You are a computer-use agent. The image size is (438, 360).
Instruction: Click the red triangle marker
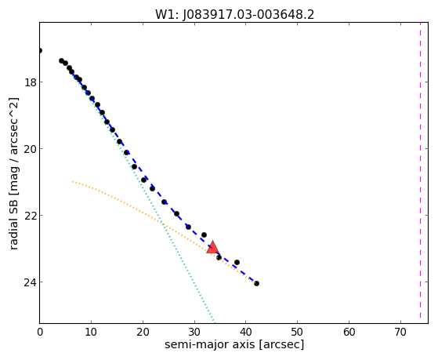[212, 247]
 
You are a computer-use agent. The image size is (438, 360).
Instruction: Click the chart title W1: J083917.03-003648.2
[234, 15]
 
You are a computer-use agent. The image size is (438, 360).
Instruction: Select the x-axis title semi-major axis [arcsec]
[234, 344]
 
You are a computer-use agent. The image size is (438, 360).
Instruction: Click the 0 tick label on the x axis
[40, 332]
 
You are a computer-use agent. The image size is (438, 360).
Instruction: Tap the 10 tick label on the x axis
[91, 332]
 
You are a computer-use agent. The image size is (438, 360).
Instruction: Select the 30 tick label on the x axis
[194, 332]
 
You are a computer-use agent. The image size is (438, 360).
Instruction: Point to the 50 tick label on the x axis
[297, 332]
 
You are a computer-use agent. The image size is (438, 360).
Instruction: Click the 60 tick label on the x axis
[349, 332]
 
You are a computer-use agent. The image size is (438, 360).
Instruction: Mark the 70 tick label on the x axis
[400, 332]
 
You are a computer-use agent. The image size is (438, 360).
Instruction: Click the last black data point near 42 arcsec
[256, 283]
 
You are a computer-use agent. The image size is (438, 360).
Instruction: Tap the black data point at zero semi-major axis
[40, 51]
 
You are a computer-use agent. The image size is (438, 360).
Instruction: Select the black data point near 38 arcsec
[237, 262]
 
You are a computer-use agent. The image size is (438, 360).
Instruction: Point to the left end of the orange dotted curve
[72, 181]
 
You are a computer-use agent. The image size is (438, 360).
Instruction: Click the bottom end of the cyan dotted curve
[214, 321]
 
